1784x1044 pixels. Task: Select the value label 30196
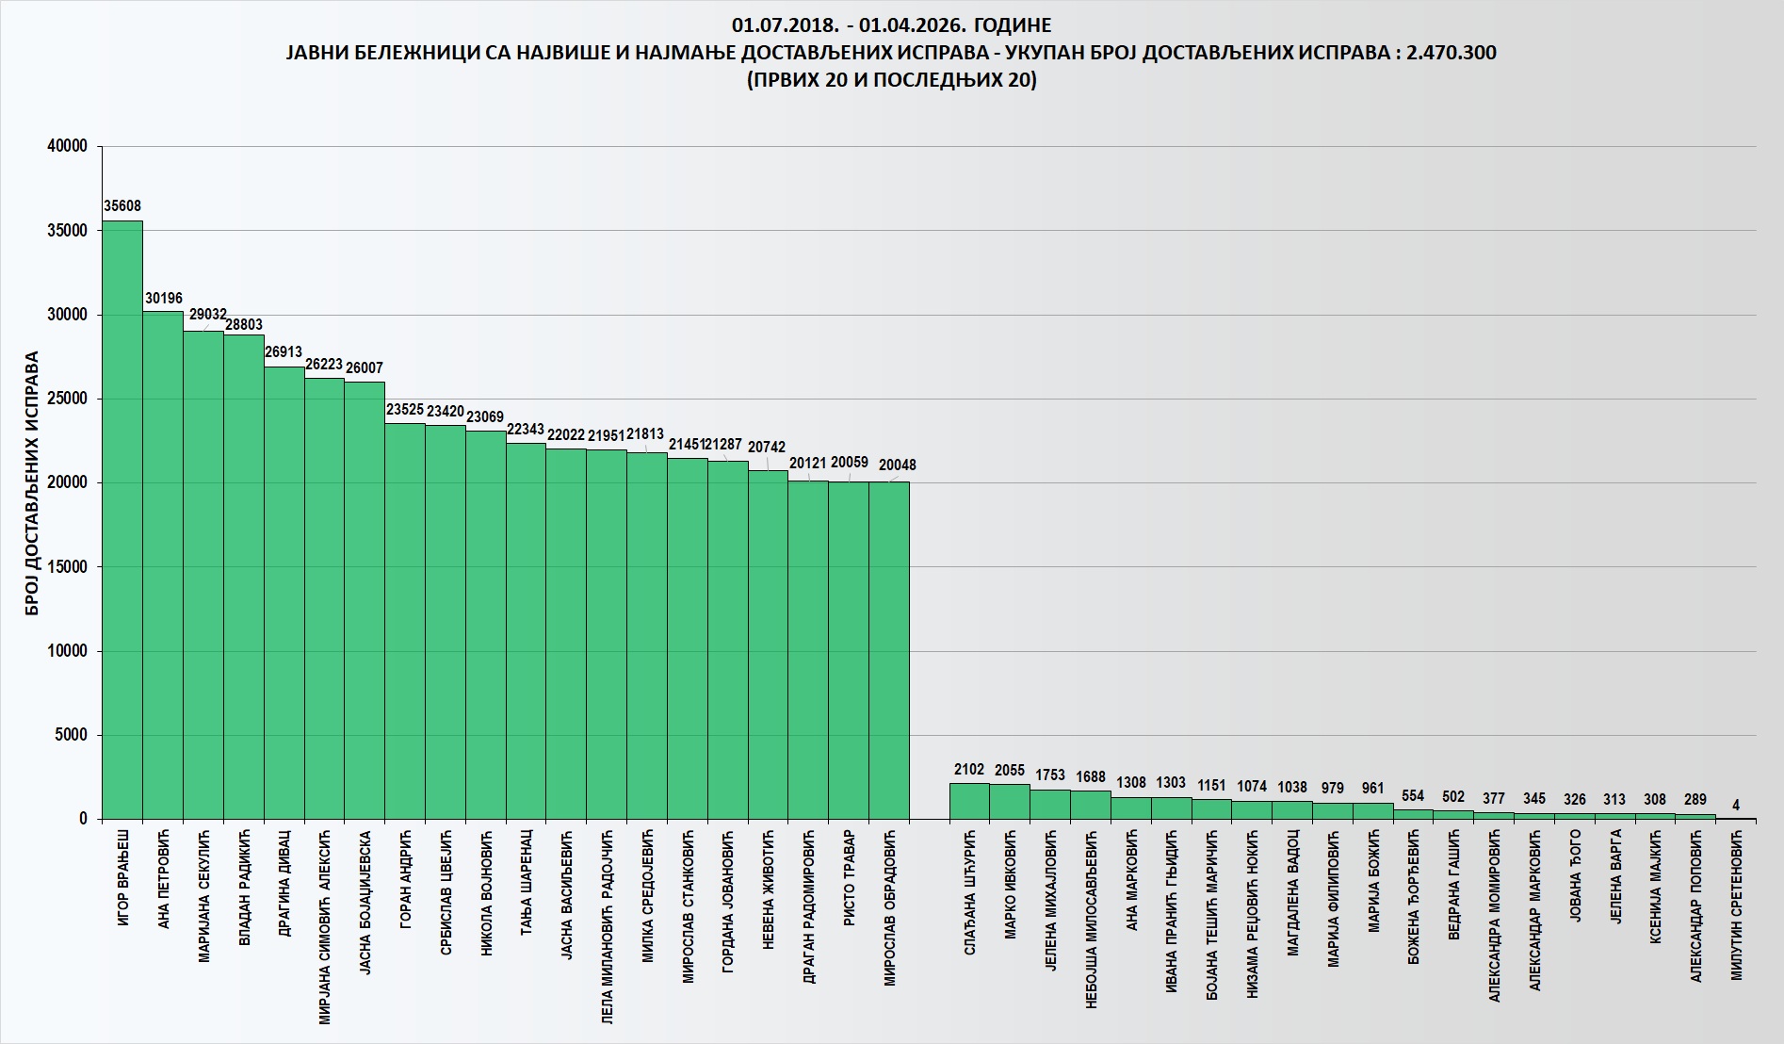(x=164, y=299)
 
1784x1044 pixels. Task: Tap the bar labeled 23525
(x=405, y=621)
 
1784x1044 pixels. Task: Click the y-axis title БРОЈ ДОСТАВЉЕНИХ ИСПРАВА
(x=32, y=483)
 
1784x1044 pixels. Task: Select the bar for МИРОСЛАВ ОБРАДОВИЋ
(x=889, y=650)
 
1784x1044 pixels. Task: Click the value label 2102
(x=969, y=770)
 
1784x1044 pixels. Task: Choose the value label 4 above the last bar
(x=1736, y=806)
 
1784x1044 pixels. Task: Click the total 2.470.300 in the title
(x=1451, y=53)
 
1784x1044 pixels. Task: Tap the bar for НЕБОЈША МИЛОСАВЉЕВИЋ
(x=1091, y=805)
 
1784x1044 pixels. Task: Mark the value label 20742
(x=767, y=448)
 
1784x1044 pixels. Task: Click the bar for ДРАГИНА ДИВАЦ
(x=284, y=593)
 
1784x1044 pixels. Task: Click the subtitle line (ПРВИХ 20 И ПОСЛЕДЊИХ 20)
(x=891, y=80)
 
